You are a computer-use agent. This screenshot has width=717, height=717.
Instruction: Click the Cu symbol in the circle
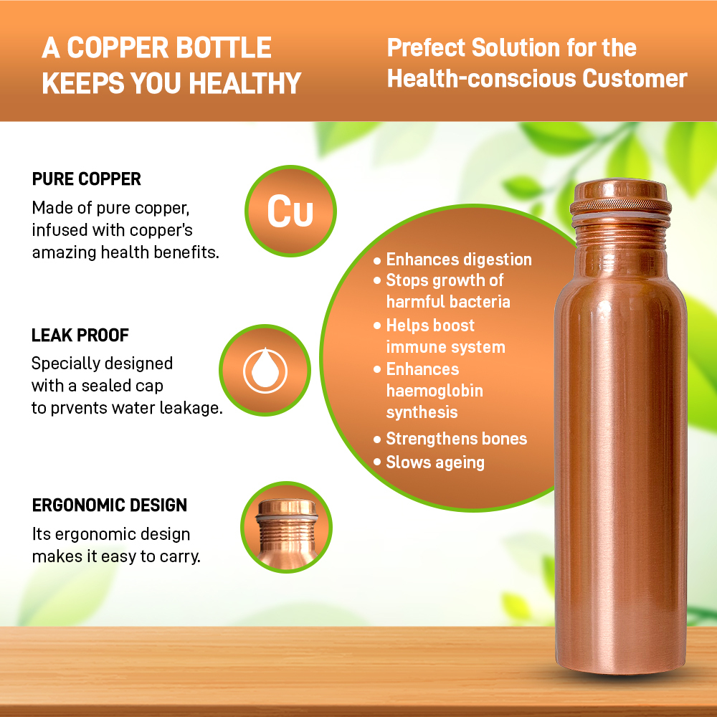(290, 211)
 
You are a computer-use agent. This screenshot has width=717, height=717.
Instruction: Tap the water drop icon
(265, 370)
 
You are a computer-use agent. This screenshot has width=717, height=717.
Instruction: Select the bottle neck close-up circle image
(286, 527)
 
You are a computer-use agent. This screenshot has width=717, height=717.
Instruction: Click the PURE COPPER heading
(87, 179)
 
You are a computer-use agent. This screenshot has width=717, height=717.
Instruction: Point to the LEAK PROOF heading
(80, 335)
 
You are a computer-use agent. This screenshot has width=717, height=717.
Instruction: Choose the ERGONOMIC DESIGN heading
(110, 505)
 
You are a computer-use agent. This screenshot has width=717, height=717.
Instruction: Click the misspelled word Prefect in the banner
(426, 47)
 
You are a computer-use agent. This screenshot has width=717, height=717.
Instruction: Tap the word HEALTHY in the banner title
(245, 83)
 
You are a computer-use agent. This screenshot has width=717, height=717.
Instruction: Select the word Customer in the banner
(635, 78)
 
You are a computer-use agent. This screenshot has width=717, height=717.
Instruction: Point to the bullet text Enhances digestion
(459, 260)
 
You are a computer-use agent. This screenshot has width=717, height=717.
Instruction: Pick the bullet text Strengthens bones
(456, 439)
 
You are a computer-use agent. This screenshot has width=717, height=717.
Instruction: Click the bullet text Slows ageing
(435, 462)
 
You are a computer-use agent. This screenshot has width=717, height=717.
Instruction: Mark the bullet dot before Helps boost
(377, 326)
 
